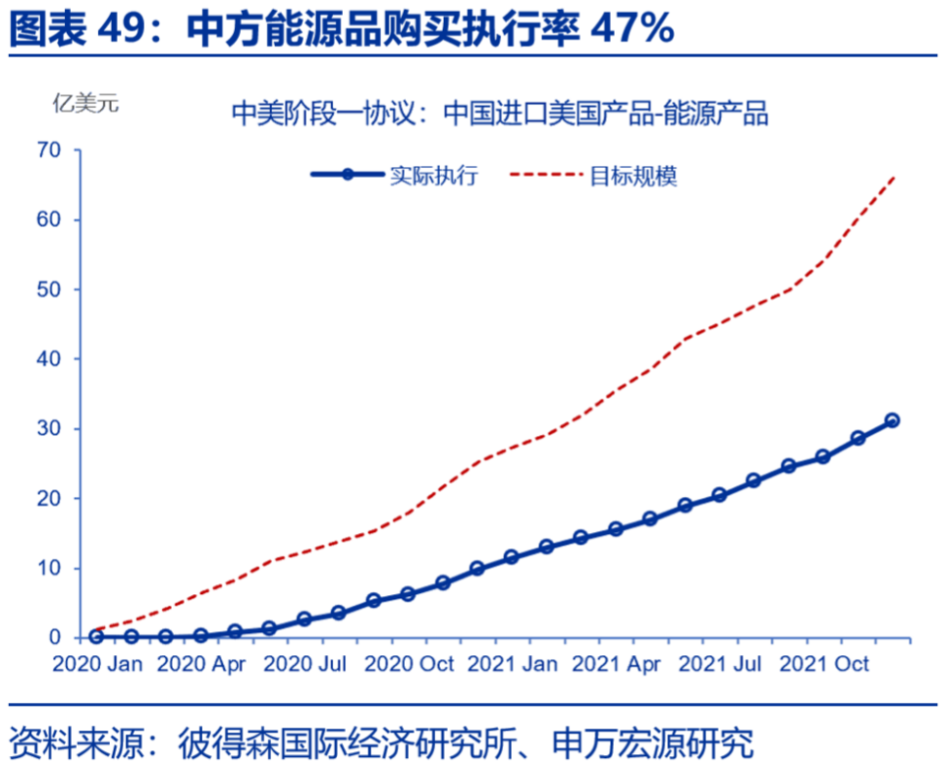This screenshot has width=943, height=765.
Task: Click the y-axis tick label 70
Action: coord(49,150)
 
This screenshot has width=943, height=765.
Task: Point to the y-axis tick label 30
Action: coord(49,429)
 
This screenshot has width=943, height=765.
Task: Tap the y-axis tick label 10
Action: coord(49,569)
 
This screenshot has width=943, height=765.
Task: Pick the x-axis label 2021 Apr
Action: coord(616,665)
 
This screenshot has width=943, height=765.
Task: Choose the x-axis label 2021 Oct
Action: coord(824,665)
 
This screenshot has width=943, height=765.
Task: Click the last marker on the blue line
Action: coord(892,421)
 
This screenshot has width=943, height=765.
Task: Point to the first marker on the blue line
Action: coord(96,636)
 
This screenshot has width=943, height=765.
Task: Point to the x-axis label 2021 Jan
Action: coord(513,665)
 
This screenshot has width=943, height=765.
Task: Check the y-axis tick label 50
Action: coord(49,290)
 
